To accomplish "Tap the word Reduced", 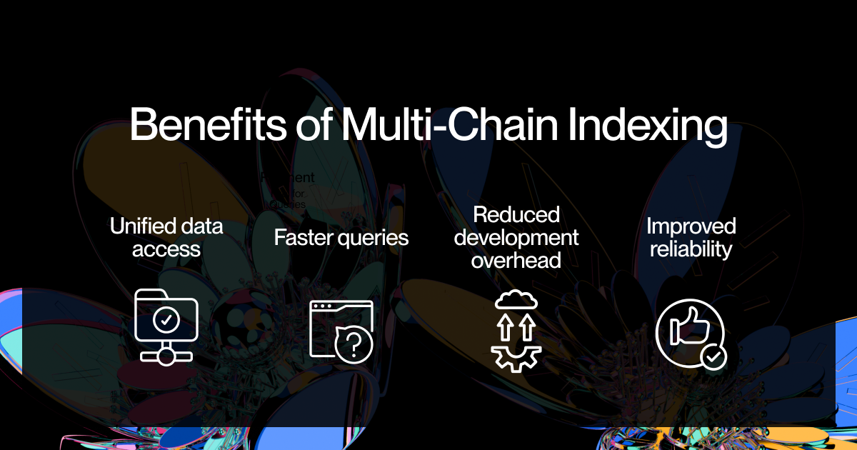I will pyautogui.click(x=516, y=214).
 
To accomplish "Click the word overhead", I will pyautogui.click(x=516, y=260).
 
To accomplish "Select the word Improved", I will pyautogui.click(x=691, y=226).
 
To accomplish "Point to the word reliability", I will pyautogui.click(x=691, y=249).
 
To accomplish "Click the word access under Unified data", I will pyautogui.click(x=166, y=249).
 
